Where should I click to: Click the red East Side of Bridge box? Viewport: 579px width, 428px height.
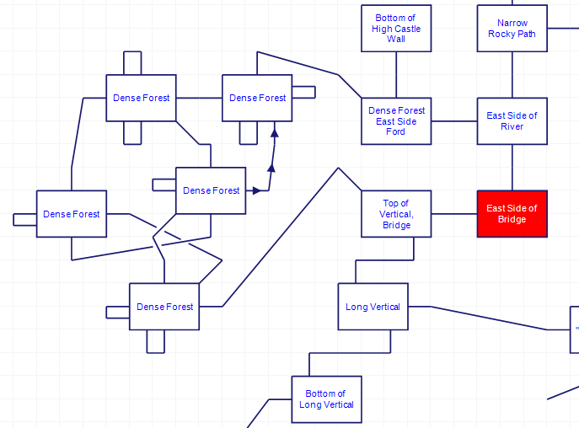(x=512, y=214)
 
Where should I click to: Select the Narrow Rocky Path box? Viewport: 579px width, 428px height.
(x=512, y=29)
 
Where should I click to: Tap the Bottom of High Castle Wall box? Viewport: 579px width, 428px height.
(x=396, y=29)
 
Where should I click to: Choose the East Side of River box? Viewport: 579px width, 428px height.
(x=512, y=121)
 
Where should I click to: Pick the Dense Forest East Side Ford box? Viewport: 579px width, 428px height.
(x=396, y=121)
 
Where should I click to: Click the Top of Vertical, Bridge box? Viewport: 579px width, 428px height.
(x=396, y=214)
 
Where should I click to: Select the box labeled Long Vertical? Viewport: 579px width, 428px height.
(x=373, y=307)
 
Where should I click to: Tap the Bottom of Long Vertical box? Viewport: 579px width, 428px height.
(x=326, y=399)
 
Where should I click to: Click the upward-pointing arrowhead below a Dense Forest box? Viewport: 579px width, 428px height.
(x=274, y=132)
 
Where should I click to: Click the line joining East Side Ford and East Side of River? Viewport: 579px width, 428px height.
(x=453, y=121)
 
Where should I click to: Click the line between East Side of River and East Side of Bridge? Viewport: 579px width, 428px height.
(x=512, y=167)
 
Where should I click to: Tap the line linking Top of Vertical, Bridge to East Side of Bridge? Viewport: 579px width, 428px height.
(x=453, y=214)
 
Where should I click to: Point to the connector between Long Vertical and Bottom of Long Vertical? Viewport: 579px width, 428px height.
(x=350, y=353)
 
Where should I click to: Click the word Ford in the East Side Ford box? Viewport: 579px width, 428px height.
(x=396, y=132)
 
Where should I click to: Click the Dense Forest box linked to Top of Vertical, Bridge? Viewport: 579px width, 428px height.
(x=164, y=307)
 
